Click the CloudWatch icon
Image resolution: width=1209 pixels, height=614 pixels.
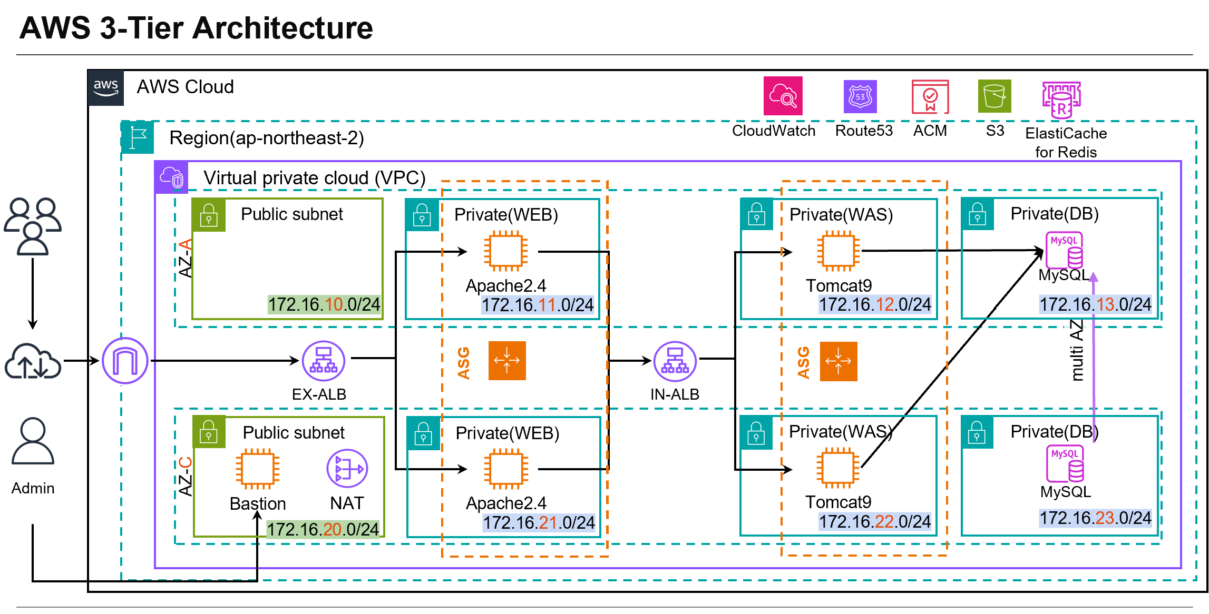(x=783, y=96)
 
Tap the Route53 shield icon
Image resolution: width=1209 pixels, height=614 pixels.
(x=860, y=96)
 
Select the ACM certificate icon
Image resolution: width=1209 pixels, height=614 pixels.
(x=930, y=96)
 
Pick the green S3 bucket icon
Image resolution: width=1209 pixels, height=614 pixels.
(x=994, y=96)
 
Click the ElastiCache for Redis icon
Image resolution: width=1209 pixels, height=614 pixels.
(x=1061, y=101)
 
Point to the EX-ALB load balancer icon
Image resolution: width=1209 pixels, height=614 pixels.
(x=323, y=361)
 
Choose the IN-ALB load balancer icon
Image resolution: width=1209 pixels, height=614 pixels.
(x=675, y=361)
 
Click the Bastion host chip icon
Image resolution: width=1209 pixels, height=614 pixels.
(x=257, y=469)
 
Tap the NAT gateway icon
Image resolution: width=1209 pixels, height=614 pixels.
(x=347, y=468)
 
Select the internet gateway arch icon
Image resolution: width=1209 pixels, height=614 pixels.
(x=125, y=361)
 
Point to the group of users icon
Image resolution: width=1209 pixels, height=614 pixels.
(x=33, y=226)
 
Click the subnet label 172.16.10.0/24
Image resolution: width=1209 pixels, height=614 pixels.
(x=324, y=304)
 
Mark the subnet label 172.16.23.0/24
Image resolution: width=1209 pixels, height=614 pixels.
(x=1095, y=518)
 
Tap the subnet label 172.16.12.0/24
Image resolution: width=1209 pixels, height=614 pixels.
(x=874, y=304)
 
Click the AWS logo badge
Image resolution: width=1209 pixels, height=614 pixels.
(x=106, y=87)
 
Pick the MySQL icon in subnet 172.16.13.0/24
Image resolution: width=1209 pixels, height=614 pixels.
(x=1064, y=250)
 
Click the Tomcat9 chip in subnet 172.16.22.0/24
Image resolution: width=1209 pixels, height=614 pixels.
(x=837, y=468)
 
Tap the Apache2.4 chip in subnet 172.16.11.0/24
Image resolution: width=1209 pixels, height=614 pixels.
(x=505, y=251)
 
